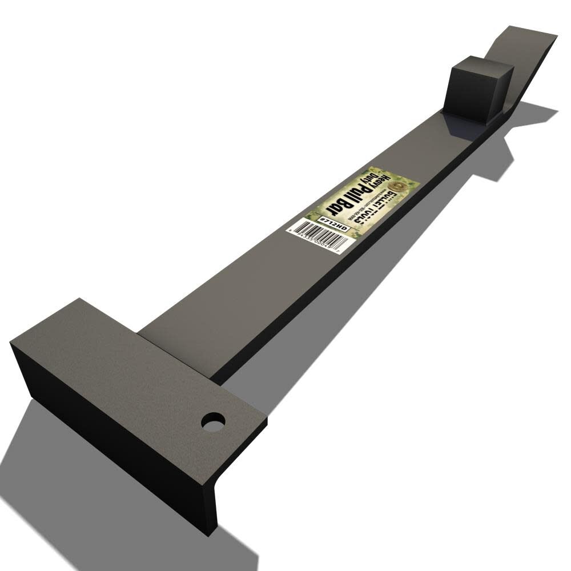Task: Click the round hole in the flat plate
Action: (x=213, y=422)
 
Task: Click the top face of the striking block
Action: (x=482, y=66)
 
